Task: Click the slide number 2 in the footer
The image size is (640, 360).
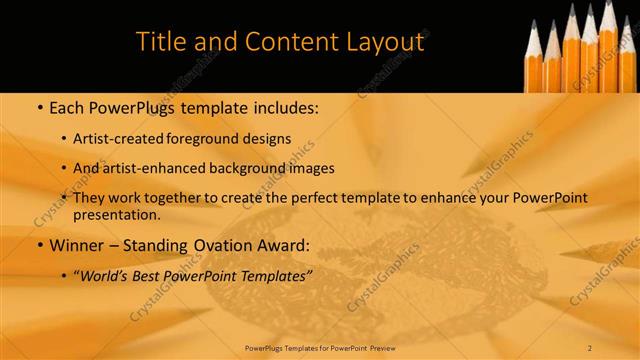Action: pos(590,347)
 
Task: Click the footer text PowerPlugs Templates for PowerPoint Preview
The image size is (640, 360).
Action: pos(320,347)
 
